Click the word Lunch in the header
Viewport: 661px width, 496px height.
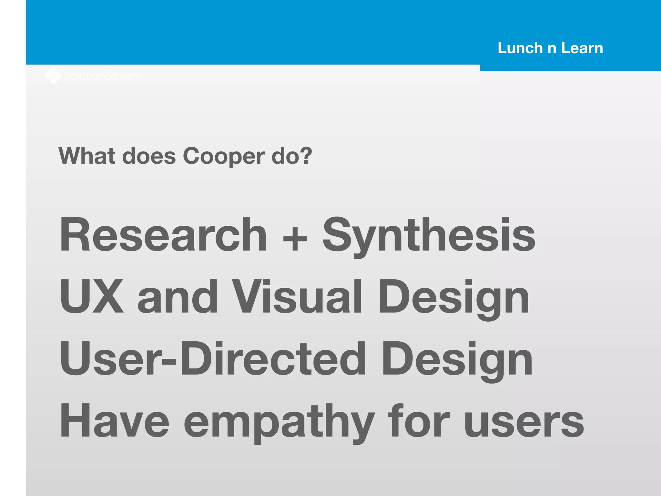pyautogui.click(x=520, y=48)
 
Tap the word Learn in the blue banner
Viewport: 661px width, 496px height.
pyautogui.click(x=582, y=48)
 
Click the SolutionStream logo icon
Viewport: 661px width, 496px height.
pyautogui.click(x=53, y=76)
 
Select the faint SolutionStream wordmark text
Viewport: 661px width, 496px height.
pyautogui.click(x=103, y=76)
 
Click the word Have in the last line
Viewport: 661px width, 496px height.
pyautogui.click(x=115, y=420)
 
